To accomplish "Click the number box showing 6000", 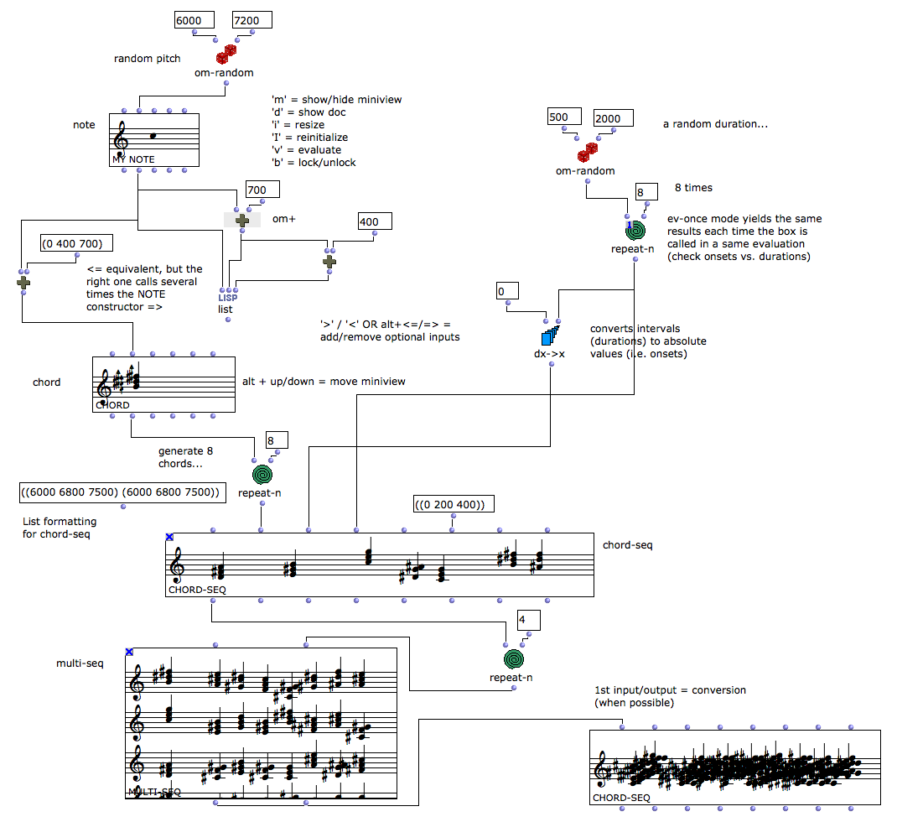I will pyautogui.click(x=194, y=21).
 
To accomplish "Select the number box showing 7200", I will pyautogui.click(x=253, y=21).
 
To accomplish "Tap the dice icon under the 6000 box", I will pyautogui.click(x=226, y=55).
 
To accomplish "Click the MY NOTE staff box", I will pyautogui.click(x=154, y=140).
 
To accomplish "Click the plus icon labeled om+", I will pyautogui.click(x=242, y=220).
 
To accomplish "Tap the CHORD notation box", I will pyautogui.click(x=163, y=385).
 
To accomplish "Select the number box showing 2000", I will pyautogui.click(x=613, y=118).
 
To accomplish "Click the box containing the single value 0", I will pyautogui.click(x=507, y=292).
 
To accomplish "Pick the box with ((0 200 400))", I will pyautogui.click(x=453, y=504).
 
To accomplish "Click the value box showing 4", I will pyautogui.click(x=529, y=621).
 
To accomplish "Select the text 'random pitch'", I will pyautogui.click(x=147, y=59).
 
